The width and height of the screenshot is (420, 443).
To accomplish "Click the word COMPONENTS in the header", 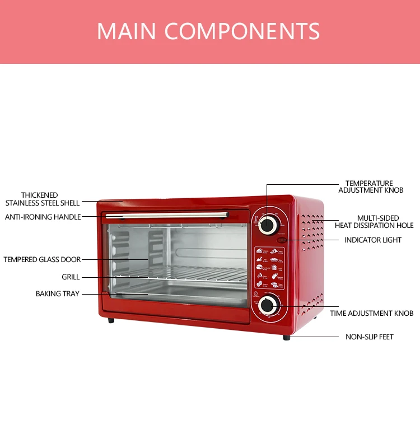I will tap(242, 31).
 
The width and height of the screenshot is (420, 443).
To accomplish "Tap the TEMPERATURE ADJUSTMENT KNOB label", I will tap(370, 187).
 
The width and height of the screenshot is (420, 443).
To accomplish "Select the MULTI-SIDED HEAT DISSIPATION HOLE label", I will tap(374, 222).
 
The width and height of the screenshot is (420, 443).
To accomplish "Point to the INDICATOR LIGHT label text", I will tap(373, 240).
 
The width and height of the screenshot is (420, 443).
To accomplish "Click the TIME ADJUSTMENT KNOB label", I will tap(371, 313).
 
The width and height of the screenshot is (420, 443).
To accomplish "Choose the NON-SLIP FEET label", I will tap(370, 337).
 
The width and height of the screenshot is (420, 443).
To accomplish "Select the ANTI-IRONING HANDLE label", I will tap(43, 217).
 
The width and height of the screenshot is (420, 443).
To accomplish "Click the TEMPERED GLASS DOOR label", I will tap(42, 260).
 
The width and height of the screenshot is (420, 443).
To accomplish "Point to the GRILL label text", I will tap(71, 277).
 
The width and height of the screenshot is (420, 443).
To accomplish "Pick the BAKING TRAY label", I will tap(58, 293).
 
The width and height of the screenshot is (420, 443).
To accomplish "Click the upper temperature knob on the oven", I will tap(268, 225).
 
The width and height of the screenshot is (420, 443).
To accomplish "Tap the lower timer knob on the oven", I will tap(267, 306).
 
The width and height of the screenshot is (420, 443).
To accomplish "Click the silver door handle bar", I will tap(167, 215).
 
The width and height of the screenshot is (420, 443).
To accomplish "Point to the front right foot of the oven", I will tap(287, 337).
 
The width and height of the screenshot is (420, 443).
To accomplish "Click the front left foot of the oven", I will tap(111, 320).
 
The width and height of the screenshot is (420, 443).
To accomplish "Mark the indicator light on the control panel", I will tap(282, 240).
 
